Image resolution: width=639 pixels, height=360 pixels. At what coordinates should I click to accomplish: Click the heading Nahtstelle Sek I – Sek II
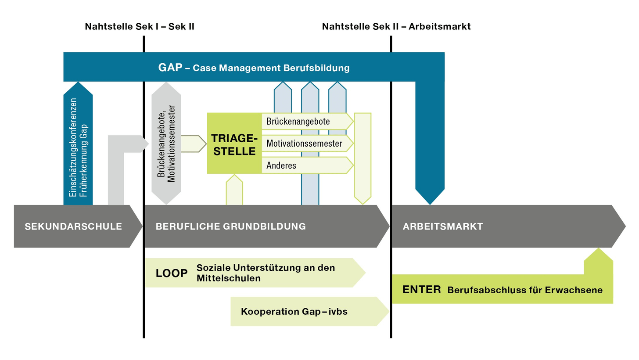(x=140, y=26)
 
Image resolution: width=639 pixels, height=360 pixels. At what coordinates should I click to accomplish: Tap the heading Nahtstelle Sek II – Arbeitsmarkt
(x=396, y=26)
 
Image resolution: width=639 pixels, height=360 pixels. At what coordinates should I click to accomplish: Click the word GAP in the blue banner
(x=170, y=67)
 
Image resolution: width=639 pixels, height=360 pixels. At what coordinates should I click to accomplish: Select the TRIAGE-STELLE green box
(x=234, y=143)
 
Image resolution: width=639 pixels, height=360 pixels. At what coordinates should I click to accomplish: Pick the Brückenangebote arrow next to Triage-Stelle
(x=308, y=121)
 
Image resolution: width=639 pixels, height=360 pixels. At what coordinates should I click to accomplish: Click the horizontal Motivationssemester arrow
(x=308, y=143)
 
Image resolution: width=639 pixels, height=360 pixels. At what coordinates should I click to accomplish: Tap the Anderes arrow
(x=308, y=165)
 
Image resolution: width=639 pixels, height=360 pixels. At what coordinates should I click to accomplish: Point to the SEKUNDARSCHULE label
(x=73, y=227)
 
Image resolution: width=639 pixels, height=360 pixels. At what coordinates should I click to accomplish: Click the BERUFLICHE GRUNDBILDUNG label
(x=230, y=227)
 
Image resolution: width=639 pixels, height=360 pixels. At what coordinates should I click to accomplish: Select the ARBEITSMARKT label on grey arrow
(x=443, y=227)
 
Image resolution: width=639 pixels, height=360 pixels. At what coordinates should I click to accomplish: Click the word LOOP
(x=172, y=273)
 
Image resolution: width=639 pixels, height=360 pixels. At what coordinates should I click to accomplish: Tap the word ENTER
(x=422, y=290)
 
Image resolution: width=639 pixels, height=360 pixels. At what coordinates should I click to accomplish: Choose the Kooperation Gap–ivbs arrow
(x=310, y=312)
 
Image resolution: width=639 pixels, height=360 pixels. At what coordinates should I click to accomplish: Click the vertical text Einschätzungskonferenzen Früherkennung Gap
(x=78, y=148)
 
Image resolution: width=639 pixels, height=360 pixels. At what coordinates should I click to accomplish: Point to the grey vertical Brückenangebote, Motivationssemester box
(x=166, y=143)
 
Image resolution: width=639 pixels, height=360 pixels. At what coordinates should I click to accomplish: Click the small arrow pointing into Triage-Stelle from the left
(x=194, y=144)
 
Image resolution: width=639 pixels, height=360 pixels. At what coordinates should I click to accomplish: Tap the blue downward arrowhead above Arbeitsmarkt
(x=430, y=197)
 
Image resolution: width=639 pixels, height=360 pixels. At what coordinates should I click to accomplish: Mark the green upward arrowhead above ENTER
(x=599, y=255)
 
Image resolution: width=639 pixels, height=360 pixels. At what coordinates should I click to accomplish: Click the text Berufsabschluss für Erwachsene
(x=525, y=290)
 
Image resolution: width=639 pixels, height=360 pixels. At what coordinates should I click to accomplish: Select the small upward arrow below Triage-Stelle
(x=234, y=190)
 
